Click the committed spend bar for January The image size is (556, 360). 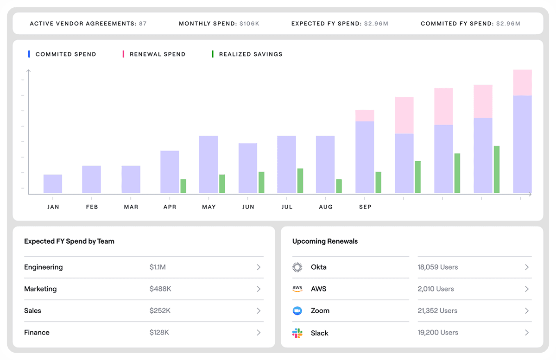[x=53, y=184]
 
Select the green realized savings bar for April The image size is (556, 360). [x=183, y=186]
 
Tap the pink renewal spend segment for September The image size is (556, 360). [x=365, y=116]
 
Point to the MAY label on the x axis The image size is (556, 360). [x=209, y=207]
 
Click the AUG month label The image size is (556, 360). [x=326, y=207]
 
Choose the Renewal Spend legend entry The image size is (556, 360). [x=154, y=54]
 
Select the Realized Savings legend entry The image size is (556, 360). [x=247, y=54]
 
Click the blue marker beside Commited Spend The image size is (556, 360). [x=29, y=54]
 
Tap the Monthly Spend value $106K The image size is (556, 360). [x=249, y=24]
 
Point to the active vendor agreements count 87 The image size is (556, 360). [x=143, y=24]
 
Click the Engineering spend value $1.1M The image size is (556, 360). [x=158, y=267]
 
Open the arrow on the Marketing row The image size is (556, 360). [x=259, y=289]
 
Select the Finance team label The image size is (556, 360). [x=37, y=333]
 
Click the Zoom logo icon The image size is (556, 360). [x=297, y=310]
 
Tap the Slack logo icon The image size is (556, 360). [x=297, y=333]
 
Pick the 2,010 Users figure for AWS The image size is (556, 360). [x=436, y=289]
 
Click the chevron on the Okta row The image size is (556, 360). [x=527, y=267]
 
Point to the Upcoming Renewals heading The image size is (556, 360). [x=325, y=241]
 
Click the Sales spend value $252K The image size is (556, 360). [x=160, y=310]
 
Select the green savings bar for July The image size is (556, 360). [x=300, y=181]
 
